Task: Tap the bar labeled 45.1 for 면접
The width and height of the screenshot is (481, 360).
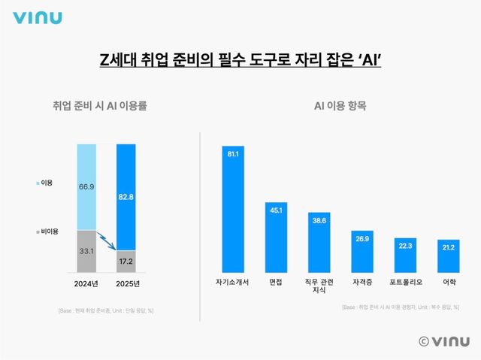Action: (x=276, y=237)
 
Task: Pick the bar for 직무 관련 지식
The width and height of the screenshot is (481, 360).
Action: (x=319, y=242)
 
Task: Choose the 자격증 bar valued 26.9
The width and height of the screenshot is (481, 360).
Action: (x=363, y=252)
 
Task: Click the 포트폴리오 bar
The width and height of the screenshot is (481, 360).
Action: (x=406, y=255)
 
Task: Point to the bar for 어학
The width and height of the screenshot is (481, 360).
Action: (x=449, y=256)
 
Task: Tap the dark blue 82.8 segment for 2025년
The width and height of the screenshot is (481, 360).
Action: (x=126, y=197)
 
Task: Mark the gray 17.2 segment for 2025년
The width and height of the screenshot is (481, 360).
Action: (x=126, y=262)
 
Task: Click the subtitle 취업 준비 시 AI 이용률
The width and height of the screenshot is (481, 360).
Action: (x=95, y=106)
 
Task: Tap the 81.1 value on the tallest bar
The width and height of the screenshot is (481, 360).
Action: (x=233, y=154)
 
